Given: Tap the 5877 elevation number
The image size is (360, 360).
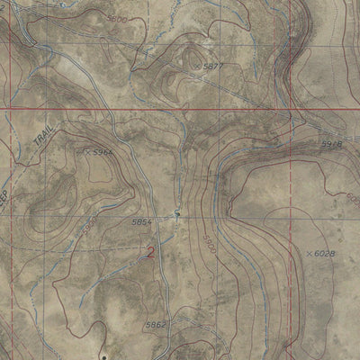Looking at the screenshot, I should [213, 67].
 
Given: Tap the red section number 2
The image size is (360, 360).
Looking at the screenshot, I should [151, 253].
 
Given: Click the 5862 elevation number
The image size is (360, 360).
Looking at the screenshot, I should [156, 325].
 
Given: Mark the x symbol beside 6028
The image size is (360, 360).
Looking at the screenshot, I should [308, 255].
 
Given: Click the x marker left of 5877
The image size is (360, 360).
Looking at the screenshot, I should [198, 65].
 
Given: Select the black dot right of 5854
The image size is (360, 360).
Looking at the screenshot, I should [178, 214].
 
